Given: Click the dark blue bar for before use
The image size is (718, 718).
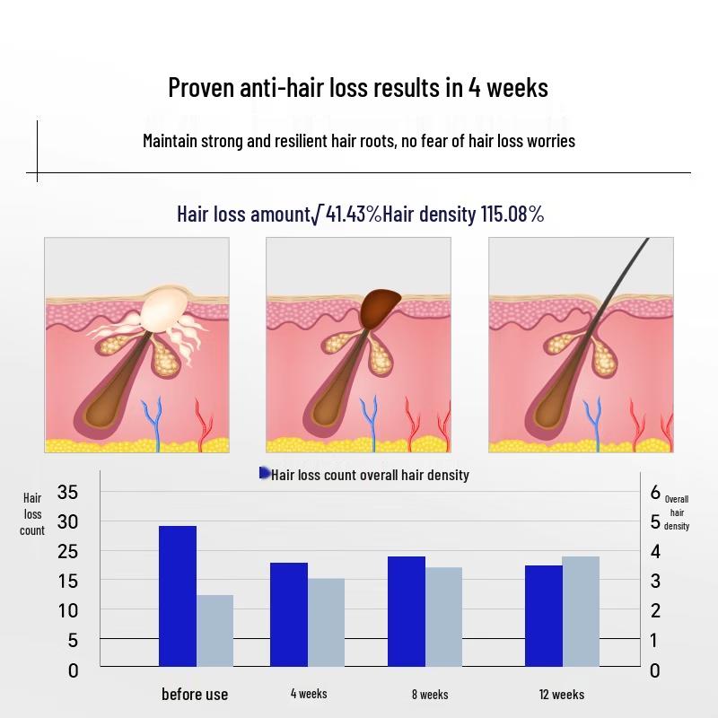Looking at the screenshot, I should pyautogui.click(x=178, y=596).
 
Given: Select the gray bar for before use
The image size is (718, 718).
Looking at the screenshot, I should pyautogui.click(x=215, y=630).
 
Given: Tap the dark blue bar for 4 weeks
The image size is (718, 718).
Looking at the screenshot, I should pyautogui.click(x=289, y=614).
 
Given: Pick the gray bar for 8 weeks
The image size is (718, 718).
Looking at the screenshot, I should pyautogui.click(x=443, y=617).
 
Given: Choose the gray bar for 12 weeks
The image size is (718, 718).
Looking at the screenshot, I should pyautogui.click(x=581, y=611).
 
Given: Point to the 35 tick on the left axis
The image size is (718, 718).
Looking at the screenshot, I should pyautogui.click(x=67, y=492).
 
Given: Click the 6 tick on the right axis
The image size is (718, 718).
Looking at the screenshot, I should pyautogui.click(x=655, y=492).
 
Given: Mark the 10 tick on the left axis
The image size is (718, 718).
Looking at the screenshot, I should pyautogui.click(x=67, y=610).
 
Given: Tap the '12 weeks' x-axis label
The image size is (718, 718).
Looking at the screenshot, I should pyautogui.click(x=562, y=694).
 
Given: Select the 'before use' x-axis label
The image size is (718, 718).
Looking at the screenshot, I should pyautogui.click(x=195, y=694).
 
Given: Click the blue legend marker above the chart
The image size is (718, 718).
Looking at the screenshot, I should pyautogui.click(x=265, y=473).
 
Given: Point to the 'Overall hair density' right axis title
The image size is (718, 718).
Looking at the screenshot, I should pyautogui.click(x=677, y=512).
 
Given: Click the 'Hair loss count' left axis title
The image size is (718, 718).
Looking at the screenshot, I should pyautogui.click(x=32, y=514).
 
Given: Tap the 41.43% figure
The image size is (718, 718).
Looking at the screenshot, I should pyautogui.click(x=353, y=214).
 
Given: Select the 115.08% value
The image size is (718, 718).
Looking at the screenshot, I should pyautogui.click(x=512, y=214).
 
